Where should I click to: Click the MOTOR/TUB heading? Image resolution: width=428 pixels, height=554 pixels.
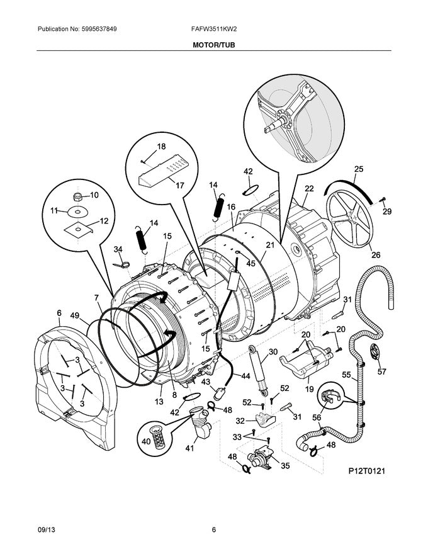(x=213, y=45)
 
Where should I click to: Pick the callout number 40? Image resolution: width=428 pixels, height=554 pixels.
(x=146, y=441)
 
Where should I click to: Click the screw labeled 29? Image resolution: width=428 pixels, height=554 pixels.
(x=383, y=201)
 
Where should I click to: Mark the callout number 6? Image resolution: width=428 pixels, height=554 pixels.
(x=59, y=313)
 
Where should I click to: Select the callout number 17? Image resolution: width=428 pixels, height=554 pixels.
(x=179, y=186)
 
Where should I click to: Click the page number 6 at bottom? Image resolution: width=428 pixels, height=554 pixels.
(x=213, y=529)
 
